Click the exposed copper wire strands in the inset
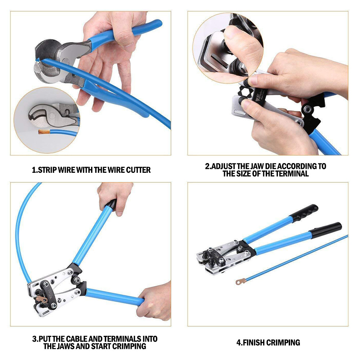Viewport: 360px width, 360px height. (44, 132)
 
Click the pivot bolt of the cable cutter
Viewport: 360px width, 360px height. (65, 62)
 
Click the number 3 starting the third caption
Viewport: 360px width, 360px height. (35, 339)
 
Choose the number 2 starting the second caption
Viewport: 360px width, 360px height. (207, 166)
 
